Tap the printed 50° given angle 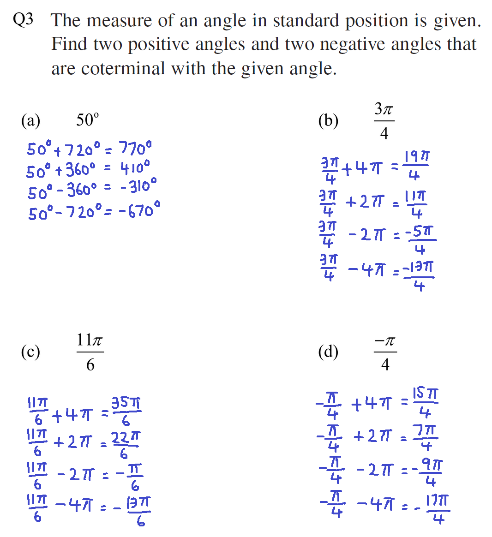(87, 120)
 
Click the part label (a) (30, 121)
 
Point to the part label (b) (328, 121)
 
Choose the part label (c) (30, 352)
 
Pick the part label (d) (328, 352)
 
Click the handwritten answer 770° (135, 149)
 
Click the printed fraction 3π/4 (384, 121)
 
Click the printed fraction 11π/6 (90, 352)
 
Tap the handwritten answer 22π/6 (126, 445)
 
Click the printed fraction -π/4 (384, 352)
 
